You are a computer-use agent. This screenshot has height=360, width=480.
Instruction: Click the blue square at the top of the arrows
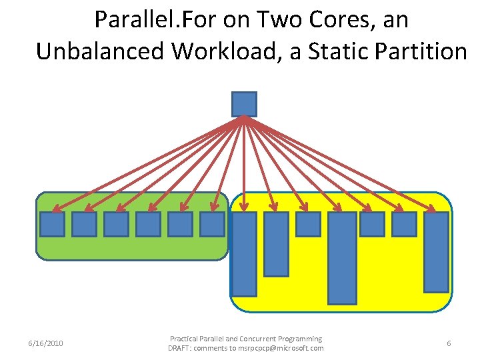244,104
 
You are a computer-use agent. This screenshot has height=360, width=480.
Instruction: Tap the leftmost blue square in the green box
52,224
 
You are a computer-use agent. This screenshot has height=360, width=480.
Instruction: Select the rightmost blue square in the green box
212,224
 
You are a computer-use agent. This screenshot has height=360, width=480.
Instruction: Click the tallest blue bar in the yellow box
342,257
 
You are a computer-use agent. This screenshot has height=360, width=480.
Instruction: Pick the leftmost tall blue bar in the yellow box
244,253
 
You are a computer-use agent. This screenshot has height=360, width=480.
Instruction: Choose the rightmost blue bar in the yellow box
436,252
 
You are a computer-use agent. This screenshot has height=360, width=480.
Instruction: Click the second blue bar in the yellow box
276,243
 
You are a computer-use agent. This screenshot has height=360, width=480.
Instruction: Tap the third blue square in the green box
116,224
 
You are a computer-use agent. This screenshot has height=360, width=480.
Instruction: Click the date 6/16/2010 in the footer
46,343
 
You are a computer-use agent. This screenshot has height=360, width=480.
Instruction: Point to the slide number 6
449,343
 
